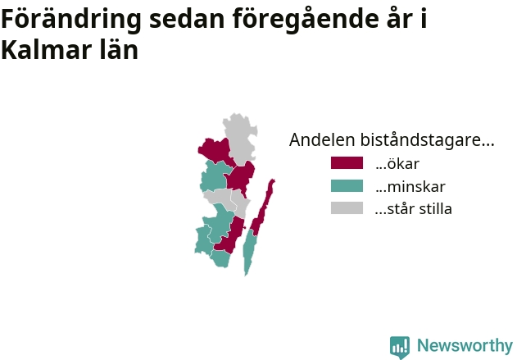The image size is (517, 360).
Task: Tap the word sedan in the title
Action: (187, 19)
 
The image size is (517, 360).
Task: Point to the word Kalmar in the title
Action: (47, 50)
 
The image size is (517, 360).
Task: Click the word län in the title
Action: (119, 49)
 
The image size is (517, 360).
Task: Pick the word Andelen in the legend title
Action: (322, 139)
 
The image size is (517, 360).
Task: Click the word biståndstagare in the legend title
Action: (427, 140)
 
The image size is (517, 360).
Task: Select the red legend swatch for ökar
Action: (347, 163)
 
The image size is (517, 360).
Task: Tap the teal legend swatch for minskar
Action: (347, 186)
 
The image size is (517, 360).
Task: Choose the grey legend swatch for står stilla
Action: (347, 208)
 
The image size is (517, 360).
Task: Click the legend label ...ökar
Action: (397, 164)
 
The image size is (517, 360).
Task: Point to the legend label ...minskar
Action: (410, 187)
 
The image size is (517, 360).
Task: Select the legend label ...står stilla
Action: (414, 209)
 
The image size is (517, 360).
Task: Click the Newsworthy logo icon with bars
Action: (400, 347)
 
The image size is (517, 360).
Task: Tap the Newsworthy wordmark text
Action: (465, 345)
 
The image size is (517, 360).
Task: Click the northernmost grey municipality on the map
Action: (241, 139)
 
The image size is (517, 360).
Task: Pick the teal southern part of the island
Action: (249, 252)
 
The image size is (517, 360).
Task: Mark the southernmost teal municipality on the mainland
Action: (220, 258)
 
